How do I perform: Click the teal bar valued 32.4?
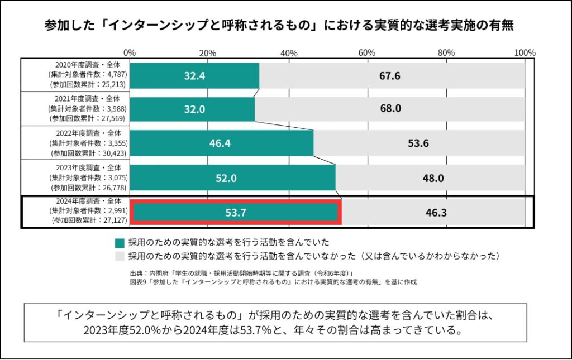(x=196, y=76)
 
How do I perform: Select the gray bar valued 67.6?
(x=392, y=76)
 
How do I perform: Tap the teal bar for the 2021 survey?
(x=193, y=109)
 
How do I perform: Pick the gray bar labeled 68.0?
(x=389, y=109)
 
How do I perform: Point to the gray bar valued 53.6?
(x=419, y=143)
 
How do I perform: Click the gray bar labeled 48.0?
(x=430, y=178)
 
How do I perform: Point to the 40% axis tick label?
(x=289, y=52)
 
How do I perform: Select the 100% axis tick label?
(x=525, y=52)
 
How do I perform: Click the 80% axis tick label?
(x=446, y=52)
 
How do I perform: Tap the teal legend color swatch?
(x=119, y=243)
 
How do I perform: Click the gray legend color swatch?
(x=119, y=257)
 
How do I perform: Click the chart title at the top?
(x=279, y=26)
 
